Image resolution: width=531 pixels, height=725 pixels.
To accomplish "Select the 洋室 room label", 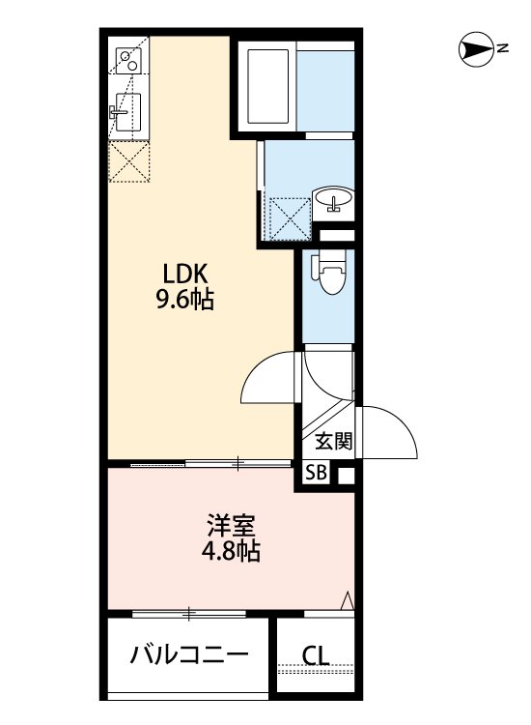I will pos(230,529).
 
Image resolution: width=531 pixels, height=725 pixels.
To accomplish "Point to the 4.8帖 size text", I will pos(231,553).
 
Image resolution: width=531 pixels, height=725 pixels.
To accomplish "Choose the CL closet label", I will pos(315,655).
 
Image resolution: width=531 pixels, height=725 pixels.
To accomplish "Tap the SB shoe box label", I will pos(316,473).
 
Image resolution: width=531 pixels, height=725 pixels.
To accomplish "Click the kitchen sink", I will pos(127,114).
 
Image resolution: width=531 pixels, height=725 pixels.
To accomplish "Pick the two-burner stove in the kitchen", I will pos(127,61).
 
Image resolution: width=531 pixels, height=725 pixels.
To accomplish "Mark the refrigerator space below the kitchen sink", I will pos(129,160).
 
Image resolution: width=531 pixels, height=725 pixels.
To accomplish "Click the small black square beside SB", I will pos(345,474).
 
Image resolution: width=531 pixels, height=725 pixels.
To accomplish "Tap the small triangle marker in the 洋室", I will pos(346,601).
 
